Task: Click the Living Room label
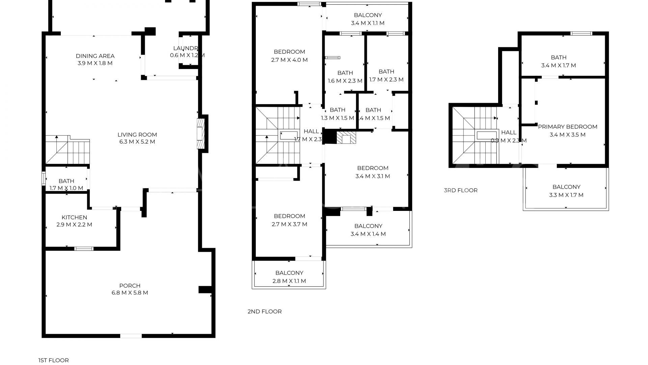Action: [137, 138]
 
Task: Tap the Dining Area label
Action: [95, 59]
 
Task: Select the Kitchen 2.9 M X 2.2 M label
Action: [74, 221]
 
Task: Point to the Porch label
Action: [130, 289]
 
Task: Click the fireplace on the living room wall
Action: [200, 133]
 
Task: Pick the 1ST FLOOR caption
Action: [53, 360]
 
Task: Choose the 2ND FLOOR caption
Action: [264, 312]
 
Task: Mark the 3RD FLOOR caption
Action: [460, 190]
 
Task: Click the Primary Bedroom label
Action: [567, 130]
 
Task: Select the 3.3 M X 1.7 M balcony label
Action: [566, 191]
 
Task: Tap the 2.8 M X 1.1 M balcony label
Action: [289, 277]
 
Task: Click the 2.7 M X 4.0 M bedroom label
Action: [289, 56]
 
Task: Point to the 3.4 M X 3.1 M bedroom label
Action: [373, 172]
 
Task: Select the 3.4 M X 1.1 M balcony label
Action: [368, 19]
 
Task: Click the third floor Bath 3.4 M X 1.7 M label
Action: [558, 62]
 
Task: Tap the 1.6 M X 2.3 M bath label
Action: [345, 77]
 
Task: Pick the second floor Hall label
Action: [311, 135]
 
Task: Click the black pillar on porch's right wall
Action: [205, 290]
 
